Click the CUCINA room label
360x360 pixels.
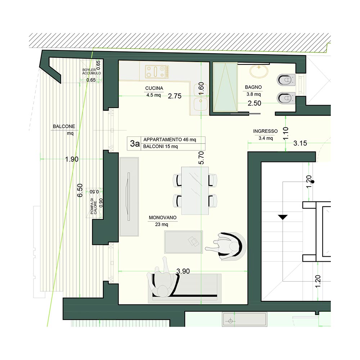pos(154,88)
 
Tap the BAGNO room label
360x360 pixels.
pos(253,87)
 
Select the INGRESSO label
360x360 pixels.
pos(265,131)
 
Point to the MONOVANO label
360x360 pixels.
pos(163,217)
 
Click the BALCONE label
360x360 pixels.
pos(64,126)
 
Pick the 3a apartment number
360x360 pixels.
pos(135,144)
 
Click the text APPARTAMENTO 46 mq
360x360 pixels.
pos(170,140)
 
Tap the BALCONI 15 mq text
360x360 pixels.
pos(161,147)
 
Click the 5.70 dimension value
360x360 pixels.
pos(201,158)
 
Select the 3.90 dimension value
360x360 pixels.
pos(183,271)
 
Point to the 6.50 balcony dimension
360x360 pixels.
pos(80,190)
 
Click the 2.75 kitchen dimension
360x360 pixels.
pos(175,96)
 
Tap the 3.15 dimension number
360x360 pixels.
pos(300,143)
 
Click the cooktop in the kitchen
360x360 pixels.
pos(157,71)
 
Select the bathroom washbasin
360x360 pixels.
pos(259,71)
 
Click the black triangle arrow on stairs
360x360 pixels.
pos(283,217)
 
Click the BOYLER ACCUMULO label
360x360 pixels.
pos(91,71)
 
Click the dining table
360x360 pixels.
pos(195,190)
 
